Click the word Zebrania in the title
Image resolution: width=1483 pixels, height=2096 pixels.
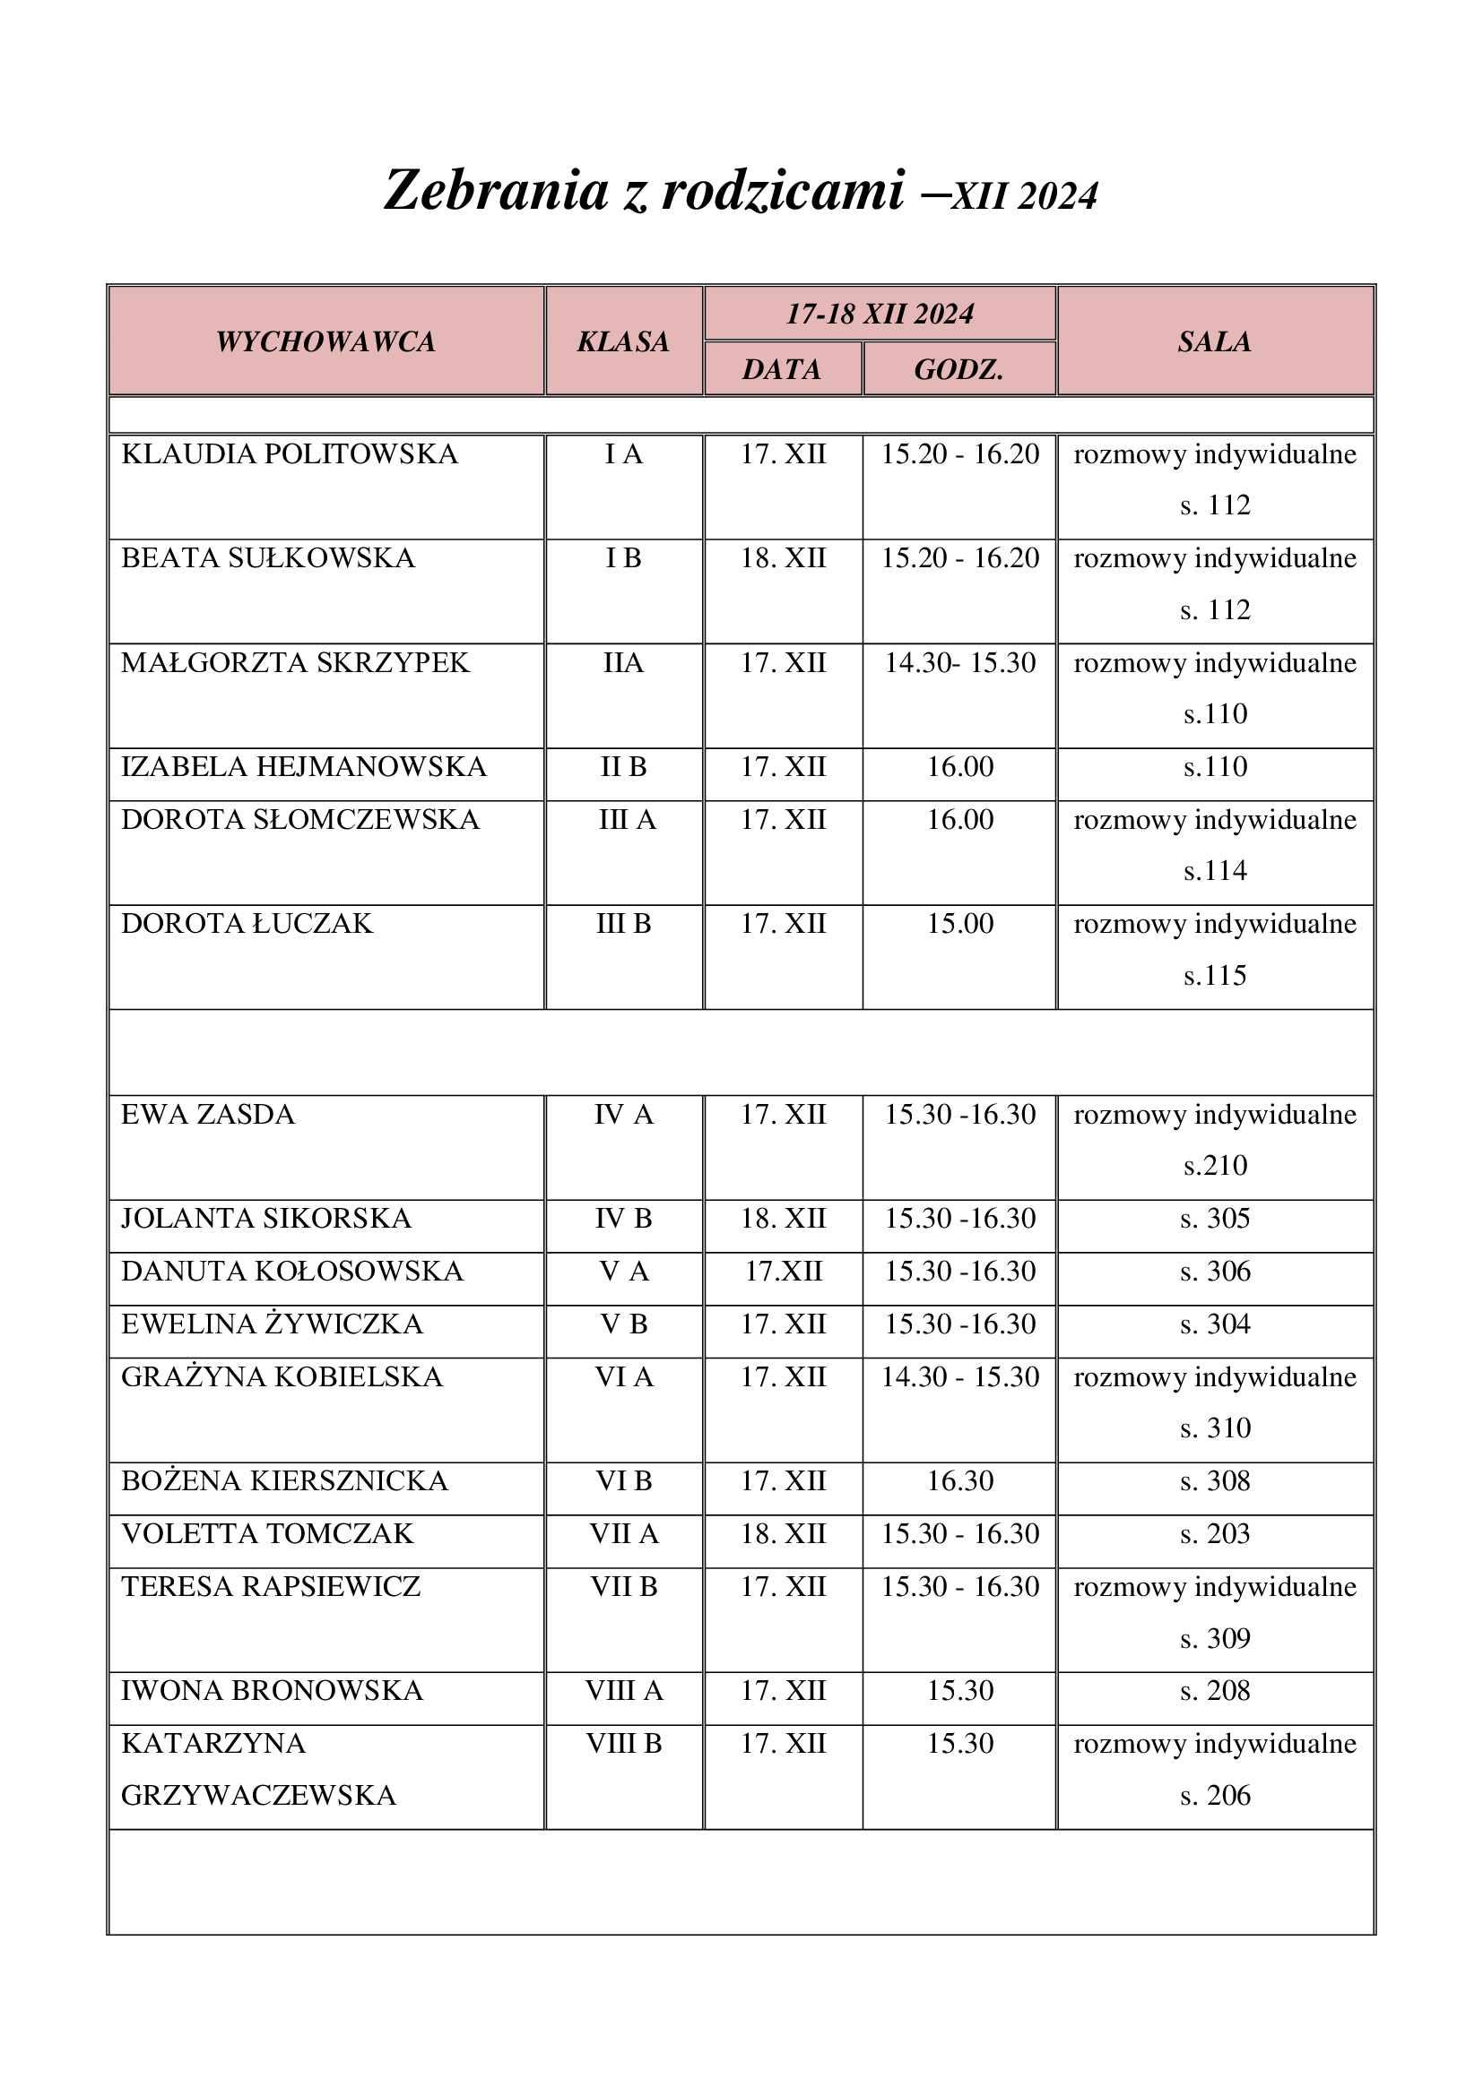click(496, 192)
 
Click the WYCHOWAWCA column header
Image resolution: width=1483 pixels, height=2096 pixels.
click(326, 341)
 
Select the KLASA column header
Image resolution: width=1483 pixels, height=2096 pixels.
click(624, 341)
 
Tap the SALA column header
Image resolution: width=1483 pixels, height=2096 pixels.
click(1215, 341)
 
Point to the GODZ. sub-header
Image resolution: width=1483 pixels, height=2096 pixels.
click(958, 370)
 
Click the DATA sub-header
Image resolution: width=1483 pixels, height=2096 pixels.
click(782, 370)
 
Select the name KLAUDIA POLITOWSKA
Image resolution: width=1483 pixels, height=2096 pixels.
click(290, 453)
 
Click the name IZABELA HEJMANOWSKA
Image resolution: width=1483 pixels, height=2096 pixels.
click(304, 767)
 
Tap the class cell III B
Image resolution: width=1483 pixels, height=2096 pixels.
click(624, 924)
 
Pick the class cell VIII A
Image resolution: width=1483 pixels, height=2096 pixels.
click(624, 1691)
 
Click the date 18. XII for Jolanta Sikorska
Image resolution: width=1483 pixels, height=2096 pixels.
click(783, 1219)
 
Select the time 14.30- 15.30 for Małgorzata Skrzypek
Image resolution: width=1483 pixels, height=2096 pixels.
click(959, 663)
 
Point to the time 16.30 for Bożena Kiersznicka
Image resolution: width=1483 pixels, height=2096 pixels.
click(959, 1480)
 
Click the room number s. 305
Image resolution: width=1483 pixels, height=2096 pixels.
click(1215, 1219)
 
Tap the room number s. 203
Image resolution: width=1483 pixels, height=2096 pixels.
click(1215, 1533)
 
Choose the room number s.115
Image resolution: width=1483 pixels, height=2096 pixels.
click(1215, 976)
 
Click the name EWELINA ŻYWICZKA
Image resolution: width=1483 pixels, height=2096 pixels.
click(273, 1324)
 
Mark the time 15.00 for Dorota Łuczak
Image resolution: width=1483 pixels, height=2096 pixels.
click(959, 924)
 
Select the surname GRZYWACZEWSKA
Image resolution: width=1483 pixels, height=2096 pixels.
click(258, 1796)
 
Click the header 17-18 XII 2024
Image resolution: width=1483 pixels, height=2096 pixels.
click(880, 314)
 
